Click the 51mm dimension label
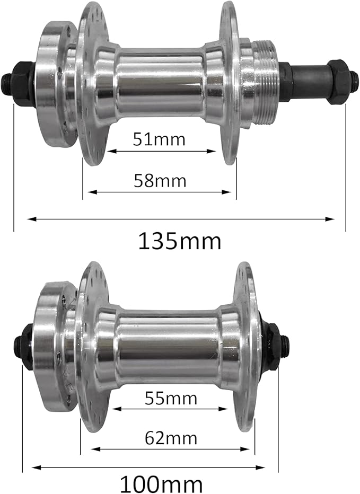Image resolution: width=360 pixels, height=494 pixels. coord(159,139)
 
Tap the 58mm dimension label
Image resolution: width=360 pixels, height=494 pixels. coord(160,181)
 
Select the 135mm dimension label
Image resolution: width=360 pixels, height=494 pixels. coord(180,241)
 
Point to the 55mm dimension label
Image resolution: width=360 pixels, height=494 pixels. coord(171,398)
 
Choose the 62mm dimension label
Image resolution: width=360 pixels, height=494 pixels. coord(171,438)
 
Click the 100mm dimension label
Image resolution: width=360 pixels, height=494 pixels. coord(161,484)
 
